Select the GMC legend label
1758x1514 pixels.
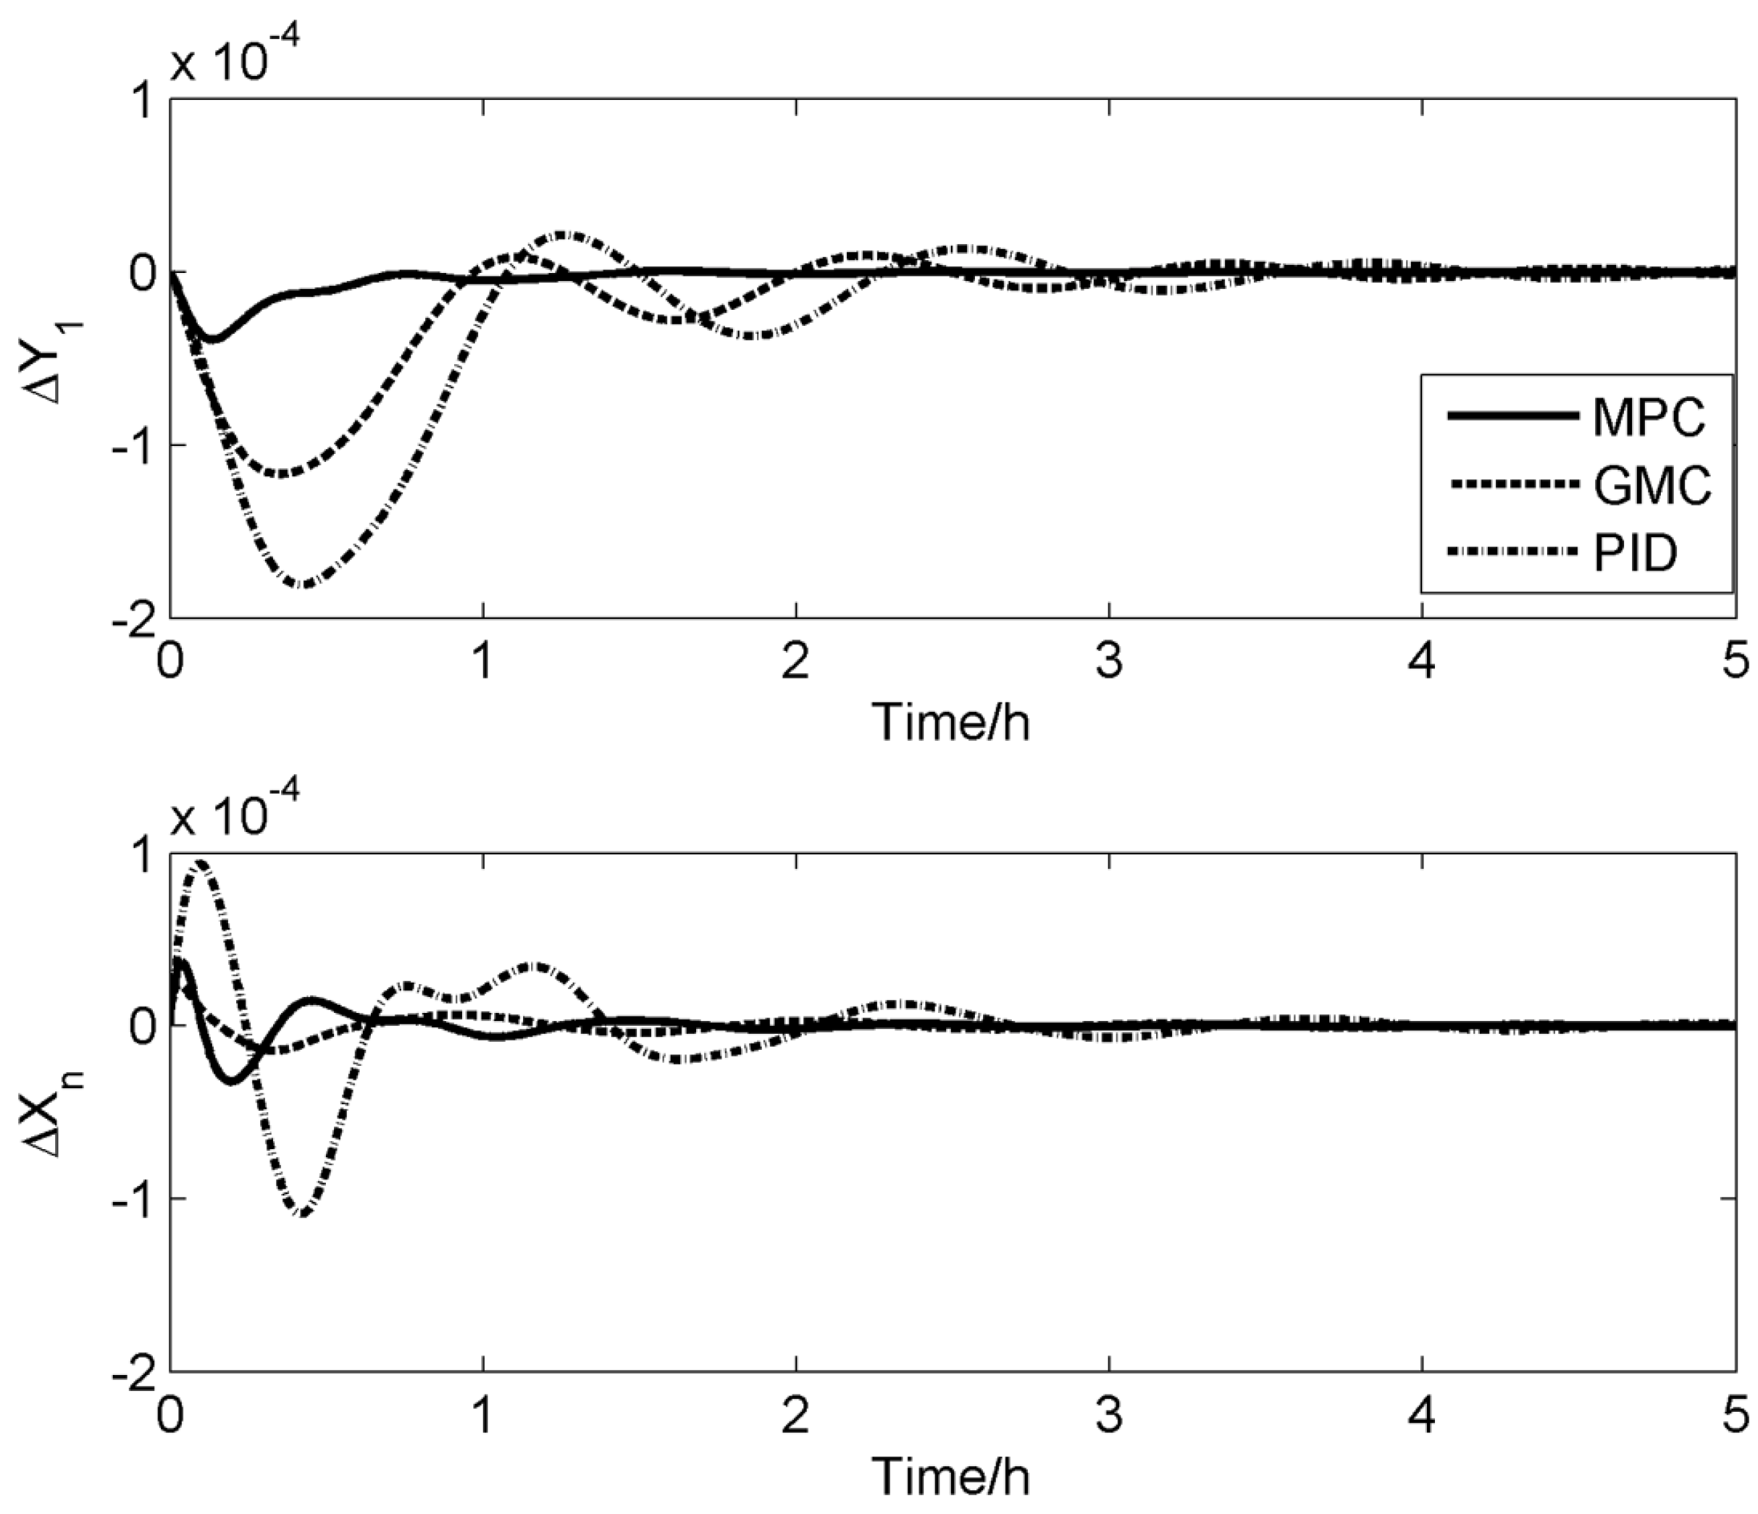pyautogui.click(x=1652, y=485)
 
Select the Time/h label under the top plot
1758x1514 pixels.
pyautogui.click(x=951, y=723)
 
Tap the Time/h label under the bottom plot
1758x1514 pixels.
pyautogui.click(x=951, y=1476)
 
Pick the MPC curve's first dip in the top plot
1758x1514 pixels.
pyautogui.click(x=212, y=340)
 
